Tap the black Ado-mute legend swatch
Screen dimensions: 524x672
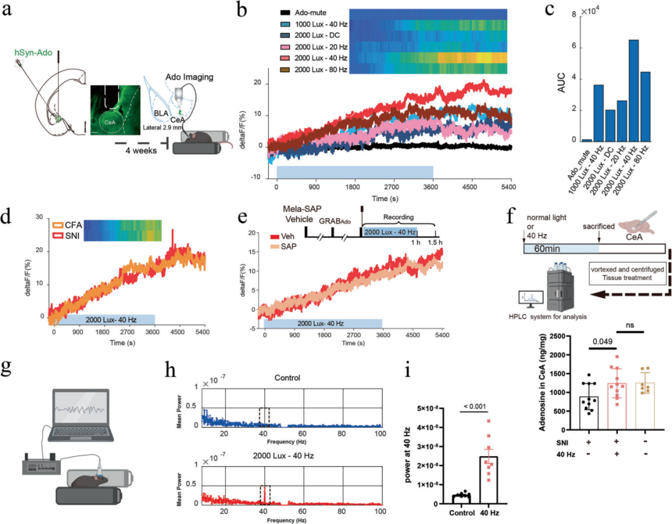pyautogui.click(x=286, y=12)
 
